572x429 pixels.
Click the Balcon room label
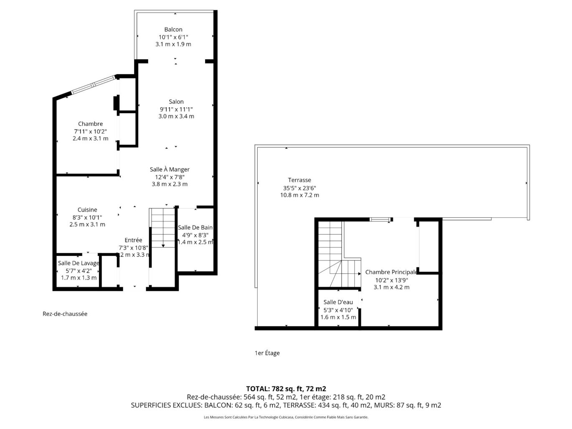click(173, 30)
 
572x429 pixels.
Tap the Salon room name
click(176, 101)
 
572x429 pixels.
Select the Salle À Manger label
click(170, 169)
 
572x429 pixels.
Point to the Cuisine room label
click(87, 209)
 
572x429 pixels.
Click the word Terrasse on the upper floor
click(299, 180)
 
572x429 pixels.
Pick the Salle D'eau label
click(338, 302)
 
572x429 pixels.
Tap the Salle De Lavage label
click(78, 263)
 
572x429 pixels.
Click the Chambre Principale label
click(391, 272)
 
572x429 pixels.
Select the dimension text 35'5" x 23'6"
click(299, 188)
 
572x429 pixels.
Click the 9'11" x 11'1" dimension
click(176, 109)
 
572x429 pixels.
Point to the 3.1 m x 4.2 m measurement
click(391, 287)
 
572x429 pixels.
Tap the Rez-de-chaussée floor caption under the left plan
click(65, 314)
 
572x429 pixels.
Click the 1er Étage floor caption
click(267, 353)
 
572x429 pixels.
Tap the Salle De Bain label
click(195, 228)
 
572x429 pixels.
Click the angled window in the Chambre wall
click(93, 84)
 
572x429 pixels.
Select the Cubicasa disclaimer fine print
click(286, 417)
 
